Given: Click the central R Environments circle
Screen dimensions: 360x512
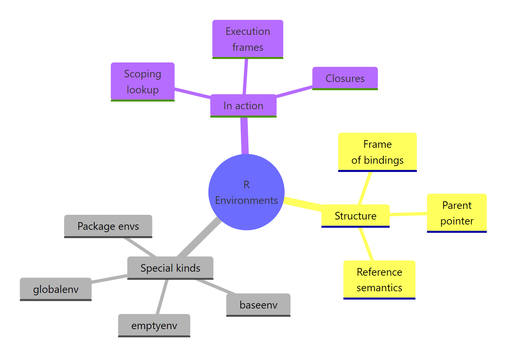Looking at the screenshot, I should pos(246,192).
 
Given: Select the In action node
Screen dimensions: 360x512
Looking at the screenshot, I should pos(243,106).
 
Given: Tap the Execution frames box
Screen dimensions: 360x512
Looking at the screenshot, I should pos(248,39).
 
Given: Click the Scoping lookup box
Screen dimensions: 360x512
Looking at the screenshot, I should pos(142,82).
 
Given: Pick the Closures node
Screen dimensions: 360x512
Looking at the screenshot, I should pos(345,78).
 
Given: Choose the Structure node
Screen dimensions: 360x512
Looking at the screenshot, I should pos(355,216).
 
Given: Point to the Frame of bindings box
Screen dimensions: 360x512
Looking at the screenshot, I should pos(377,152).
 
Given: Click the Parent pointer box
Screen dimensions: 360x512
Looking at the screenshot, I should pos(457,213).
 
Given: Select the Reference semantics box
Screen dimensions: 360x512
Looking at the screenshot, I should pos(379,280).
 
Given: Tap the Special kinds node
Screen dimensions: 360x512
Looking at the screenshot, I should pos(170,268).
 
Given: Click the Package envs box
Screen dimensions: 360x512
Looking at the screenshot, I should pos(108,226).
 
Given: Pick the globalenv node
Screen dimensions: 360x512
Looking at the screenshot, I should pos(56,289).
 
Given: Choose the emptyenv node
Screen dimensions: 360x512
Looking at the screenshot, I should pos(154,325).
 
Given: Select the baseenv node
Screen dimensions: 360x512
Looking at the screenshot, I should pos(258,305).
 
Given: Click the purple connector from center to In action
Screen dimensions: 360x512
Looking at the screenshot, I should pos(244,135).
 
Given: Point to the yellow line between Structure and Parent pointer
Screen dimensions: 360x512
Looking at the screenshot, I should pos(408,214).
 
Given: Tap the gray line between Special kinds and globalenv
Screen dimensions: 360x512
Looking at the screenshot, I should pos(110,279).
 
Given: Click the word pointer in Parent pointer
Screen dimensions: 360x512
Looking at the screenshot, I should pos(457,221).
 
